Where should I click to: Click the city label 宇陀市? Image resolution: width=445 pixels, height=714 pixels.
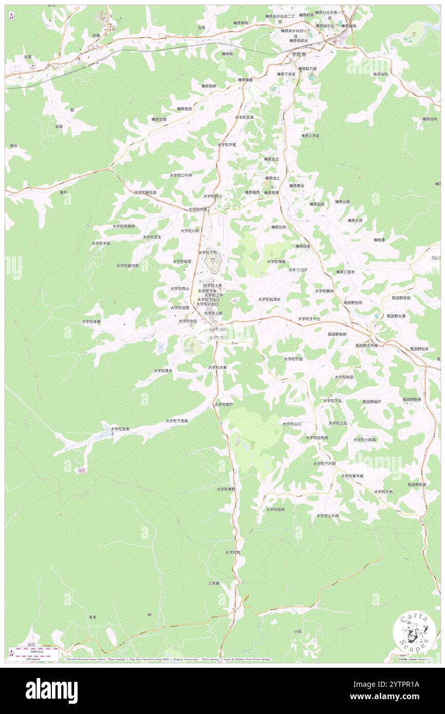[295, 54]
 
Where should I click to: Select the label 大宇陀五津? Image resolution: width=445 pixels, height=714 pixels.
[245, 118]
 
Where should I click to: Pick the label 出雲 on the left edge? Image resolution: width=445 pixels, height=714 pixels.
[28, 57]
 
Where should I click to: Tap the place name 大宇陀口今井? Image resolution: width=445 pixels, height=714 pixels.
[181, 175]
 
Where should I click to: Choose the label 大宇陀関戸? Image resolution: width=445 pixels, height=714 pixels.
[224, 404]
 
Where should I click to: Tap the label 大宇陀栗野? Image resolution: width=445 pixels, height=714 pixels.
[226, 489]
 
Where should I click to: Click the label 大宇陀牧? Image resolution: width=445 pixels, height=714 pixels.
[232, 552]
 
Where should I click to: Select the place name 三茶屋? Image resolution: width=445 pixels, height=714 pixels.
[214, 583]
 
